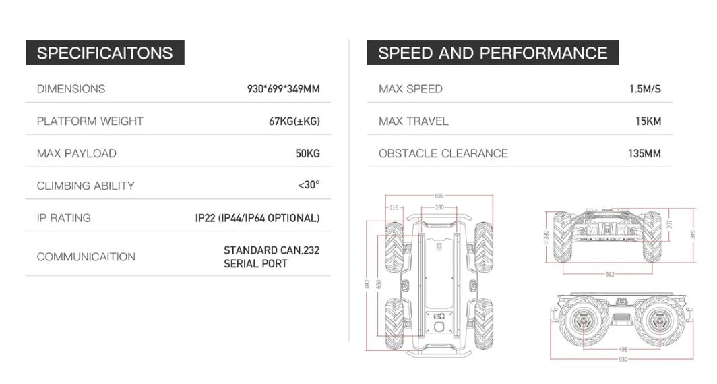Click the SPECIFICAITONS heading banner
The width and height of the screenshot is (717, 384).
tap(104, 53)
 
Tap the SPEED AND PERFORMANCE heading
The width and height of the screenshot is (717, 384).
tap(493, 53)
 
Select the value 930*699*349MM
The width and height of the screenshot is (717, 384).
tap(283, 89)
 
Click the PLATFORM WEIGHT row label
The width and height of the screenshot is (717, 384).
tap(90, 121)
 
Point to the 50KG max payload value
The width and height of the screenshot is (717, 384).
tap(307, 153)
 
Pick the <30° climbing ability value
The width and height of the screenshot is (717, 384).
tap(309, 186)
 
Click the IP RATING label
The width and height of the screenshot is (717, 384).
tap(63, 218)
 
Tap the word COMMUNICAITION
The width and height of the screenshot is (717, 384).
tap(86, 257)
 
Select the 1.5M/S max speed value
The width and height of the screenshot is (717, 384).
tap(645, 89)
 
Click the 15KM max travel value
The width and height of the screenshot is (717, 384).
tap(648, 121)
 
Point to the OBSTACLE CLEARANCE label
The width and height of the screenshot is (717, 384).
tap(443, 153)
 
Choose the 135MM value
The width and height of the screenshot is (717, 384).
tap(644, 153)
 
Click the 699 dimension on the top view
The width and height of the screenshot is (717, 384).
tap(439, 196)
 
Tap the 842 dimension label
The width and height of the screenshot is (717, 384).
tap(367, 284)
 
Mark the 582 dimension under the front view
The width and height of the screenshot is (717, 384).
tap(610, 274)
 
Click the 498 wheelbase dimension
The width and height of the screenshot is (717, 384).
tap(623, 350)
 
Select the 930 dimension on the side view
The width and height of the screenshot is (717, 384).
tap(623, 360)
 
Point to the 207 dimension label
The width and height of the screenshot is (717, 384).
tap(670, 223)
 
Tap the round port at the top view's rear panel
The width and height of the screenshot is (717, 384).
tap(439, 327)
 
